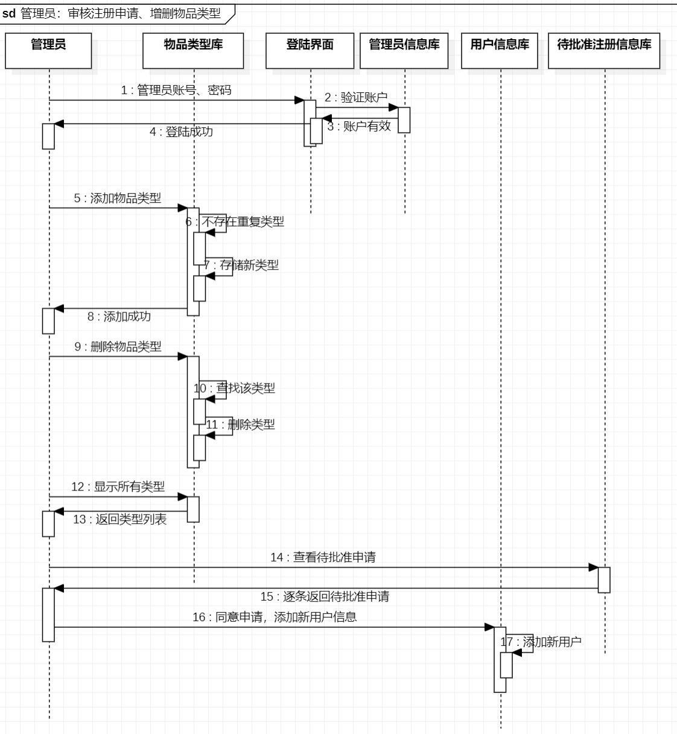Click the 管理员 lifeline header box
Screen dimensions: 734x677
48,51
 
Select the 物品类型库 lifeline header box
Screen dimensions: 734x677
193,51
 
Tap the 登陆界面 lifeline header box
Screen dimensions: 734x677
310,51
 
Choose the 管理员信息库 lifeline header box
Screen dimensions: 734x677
404,51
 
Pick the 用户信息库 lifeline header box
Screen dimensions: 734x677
500,51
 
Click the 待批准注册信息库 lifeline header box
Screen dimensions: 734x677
604,51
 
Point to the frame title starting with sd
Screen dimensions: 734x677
115,13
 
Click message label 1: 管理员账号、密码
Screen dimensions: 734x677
176,90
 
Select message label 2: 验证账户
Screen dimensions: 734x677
356,98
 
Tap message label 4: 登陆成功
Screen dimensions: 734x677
181,132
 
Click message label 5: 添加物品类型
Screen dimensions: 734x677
118,198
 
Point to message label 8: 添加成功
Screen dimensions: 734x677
119,317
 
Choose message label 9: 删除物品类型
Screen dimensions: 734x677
118,347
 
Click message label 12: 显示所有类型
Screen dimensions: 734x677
118,487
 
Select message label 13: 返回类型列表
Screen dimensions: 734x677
120,519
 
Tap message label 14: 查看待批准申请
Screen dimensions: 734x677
323,557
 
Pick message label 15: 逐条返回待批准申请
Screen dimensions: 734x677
325,596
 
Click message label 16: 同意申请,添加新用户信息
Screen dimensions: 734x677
275,617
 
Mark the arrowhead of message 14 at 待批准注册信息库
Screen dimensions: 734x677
594,568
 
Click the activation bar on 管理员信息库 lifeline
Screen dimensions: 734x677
404,120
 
